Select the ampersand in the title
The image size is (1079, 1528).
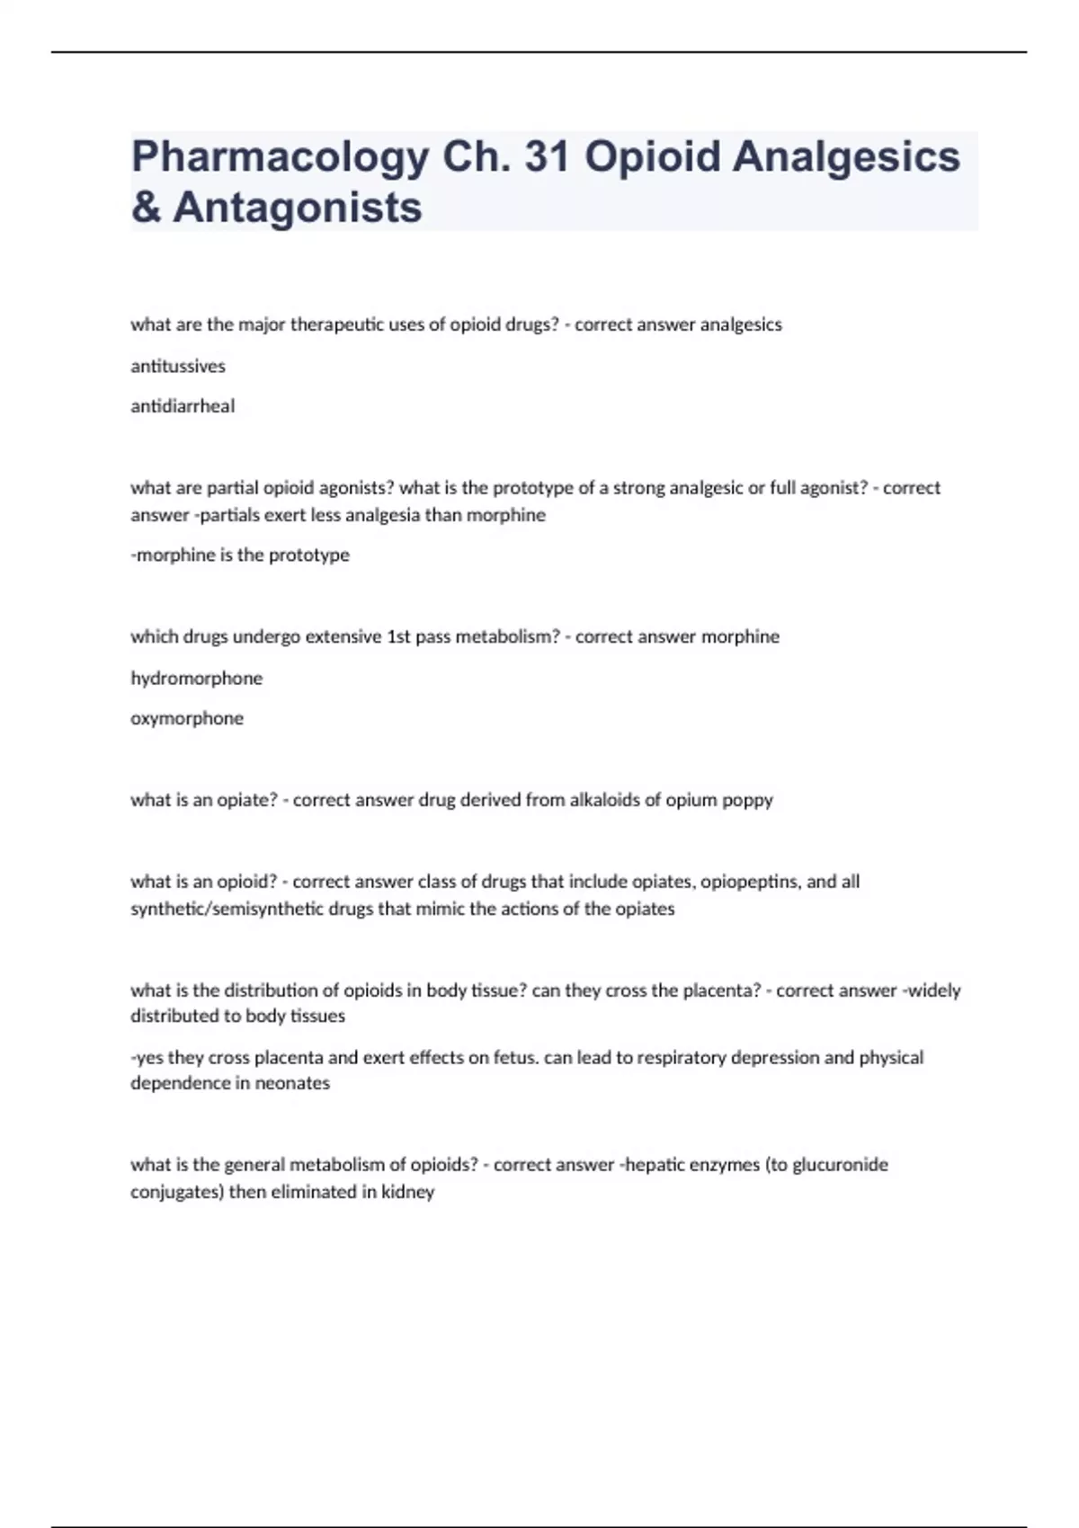coord(146,208)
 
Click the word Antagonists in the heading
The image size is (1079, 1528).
coord(298,208)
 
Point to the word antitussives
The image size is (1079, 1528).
coord(178,366)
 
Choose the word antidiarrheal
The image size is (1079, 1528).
coord(183,406)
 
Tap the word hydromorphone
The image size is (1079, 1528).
coord(197,678)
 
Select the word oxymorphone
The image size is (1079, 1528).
coord(187,718)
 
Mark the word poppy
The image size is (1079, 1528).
coord(747,800)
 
